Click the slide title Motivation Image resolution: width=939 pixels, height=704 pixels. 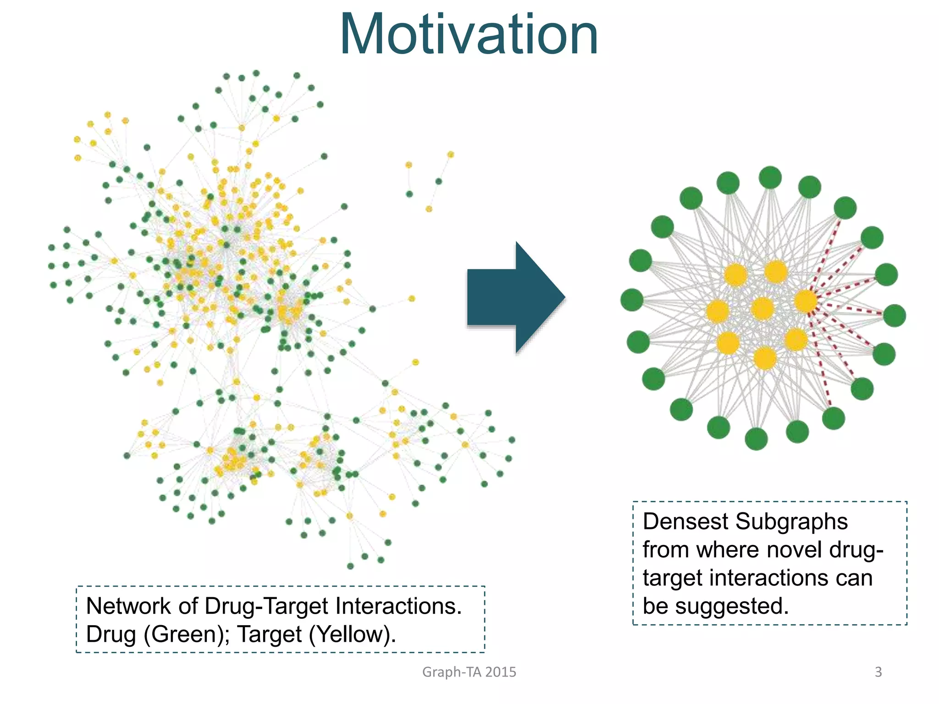(469, 36)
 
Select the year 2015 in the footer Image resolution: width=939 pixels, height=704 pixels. (501, 672)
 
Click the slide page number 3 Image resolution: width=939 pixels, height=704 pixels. (878, 672)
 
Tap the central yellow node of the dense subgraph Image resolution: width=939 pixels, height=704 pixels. (762, 308)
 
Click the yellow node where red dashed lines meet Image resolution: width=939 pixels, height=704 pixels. (806, 301)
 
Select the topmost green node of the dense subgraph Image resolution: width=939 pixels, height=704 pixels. (770, 177)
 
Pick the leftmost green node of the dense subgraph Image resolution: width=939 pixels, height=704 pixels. (632, 300)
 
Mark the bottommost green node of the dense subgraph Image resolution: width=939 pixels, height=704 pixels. (756, 439)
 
